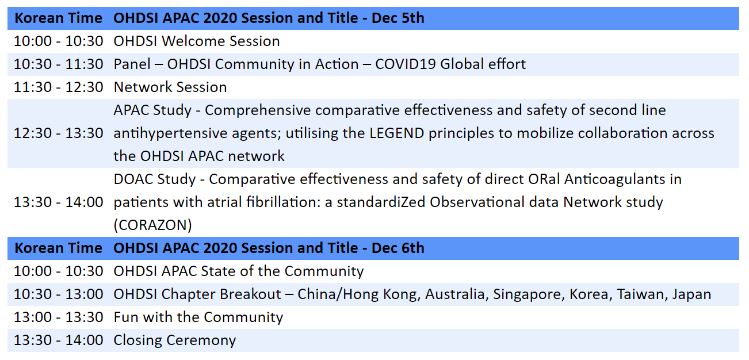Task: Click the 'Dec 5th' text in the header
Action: tap(398, 18)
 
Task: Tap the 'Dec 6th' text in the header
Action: tap(398, 248)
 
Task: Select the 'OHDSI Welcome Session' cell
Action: tap(197, 41)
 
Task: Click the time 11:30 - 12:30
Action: tap(59, 87)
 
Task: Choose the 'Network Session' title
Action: tap(170, 87)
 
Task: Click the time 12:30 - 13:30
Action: tap(59, 133)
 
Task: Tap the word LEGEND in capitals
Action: tap(397, 133)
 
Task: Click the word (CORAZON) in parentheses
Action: tap(153, 225)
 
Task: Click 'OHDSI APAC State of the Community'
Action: tap(238, 271)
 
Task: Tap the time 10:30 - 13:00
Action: tap(59, 294)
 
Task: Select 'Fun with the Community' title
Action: tap(198, 317)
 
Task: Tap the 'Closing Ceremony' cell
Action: tap(175, 340)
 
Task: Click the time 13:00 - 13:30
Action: tap(59, 317)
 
